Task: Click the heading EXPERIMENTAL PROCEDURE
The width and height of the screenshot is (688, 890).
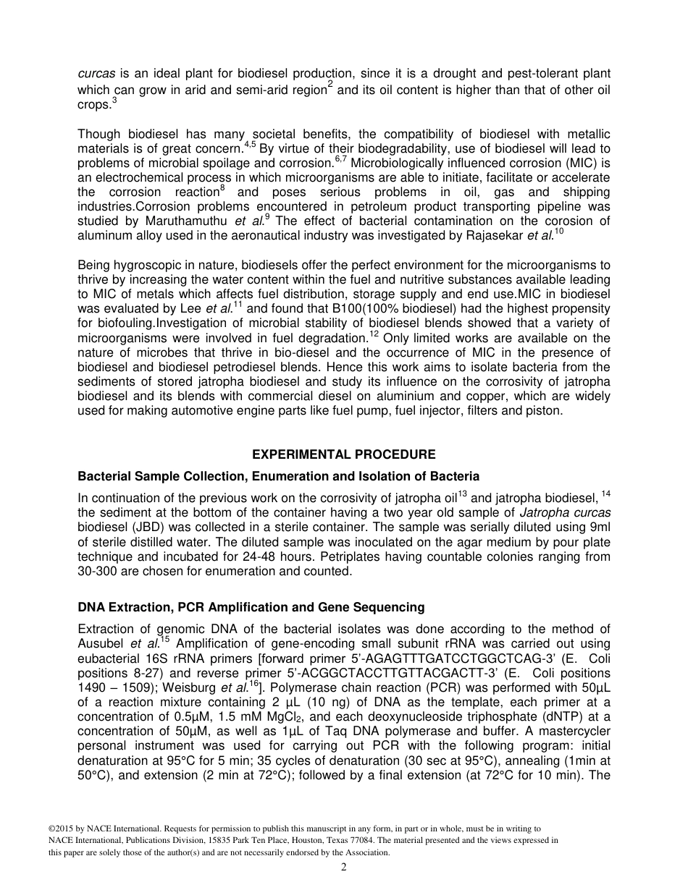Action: point(343,454)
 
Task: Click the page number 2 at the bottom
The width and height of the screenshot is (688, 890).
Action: point(344,868)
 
